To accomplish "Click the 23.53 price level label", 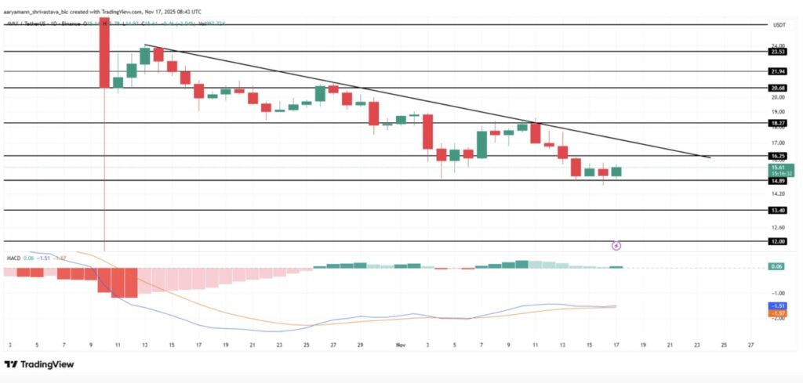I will coord(778,52).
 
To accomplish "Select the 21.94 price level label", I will coord(778,71).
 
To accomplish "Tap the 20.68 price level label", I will coord(778,88).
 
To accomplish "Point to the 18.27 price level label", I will coord(778,123).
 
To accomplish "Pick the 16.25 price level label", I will coord(778,156).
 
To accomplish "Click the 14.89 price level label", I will coord(778,180).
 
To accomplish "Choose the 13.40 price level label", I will coord(778,210).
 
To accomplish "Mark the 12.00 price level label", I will coord(778,241).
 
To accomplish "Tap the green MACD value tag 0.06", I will coord(778,267).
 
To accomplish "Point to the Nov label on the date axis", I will coord(400,344).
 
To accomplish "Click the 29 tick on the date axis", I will coord(360,344).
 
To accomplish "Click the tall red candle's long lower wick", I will coord(104,172).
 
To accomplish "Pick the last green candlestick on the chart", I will coord(616,171).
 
